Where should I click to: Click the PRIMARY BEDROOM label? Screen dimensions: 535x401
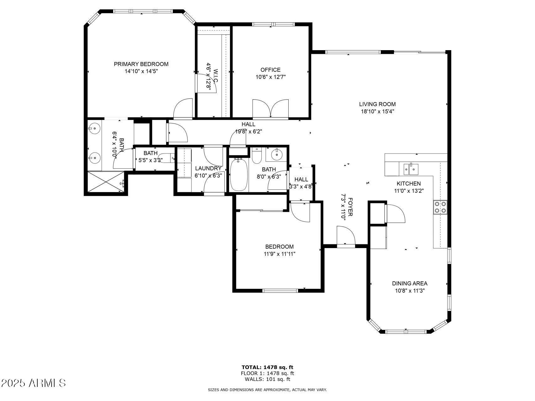pyautogui.click(x=141, y=64)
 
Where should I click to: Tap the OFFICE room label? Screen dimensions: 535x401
pyautogui.click(x=270, y=70)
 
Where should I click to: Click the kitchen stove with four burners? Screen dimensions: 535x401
pyautogui.click(x=440, y=207)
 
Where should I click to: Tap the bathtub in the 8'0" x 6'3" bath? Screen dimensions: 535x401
pyautogui.click(x=239, y=175)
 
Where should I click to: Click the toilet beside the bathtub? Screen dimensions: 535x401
pyautogui.click(x=257, y=155)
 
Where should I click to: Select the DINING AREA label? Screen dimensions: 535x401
pyautogui.click(x=410, y=284)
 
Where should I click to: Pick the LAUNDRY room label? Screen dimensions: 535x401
pyautogui.click(x=208, y=169)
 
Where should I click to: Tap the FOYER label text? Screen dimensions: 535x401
pyautogui.click(x=350, y=207)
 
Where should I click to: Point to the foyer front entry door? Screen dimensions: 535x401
pyautogui.click(x=346, y=236)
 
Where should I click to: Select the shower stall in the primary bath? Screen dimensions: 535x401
pyautogui.click(x=107, y=181)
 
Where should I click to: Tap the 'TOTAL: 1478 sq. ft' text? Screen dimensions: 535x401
pyautogui.click(x=267, y=367)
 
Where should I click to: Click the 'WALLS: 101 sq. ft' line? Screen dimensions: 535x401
pyautogui.click(x=267, y=379)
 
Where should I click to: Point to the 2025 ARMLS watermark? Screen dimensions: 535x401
pyautogui.click(x=34, y=383)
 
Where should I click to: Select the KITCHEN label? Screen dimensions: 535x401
pyautogui.click(x=409, y=184)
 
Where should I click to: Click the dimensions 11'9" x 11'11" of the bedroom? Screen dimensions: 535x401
pyautogui.click(x=280, y=254)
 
